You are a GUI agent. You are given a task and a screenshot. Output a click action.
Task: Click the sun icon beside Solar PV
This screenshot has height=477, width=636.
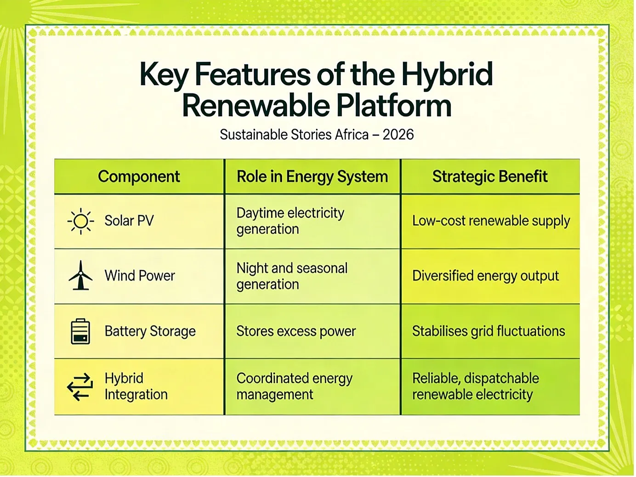click(x=80, y=221)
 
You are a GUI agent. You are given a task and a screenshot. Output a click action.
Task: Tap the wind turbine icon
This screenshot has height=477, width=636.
click(x=80, y=275)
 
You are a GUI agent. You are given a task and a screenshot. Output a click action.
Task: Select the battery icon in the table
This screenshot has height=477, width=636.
click(x=80, y=331)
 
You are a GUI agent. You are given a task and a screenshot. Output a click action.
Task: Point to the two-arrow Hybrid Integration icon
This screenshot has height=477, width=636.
click(x=80, y=387)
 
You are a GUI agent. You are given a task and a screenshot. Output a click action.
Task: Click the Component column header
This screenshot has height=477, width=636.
click(x=139, y=176)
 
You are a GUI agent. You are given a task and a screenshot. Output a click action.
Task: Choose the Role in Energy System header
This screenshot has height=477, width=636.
click(x=312, y=176)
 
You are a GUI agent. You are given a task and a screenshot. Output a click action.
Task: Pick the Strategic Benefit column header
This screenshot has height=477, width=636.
click(x=490, y=176)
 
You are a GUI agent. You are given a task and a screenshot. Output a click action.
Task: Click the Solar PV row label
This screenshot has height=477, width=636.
click(x=129, y=221)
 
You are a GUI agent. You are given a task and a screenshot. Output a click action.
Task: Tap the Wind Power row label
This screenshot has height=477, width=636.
click(x=140, y=275)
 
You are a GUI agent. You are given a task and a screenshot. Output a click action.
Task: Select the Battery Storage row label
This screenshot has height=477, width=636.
click(x=150, y=331)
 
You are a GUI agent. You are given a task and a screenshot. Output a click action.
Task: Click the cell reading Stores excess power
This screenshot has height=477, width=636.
click(x=296, y=331)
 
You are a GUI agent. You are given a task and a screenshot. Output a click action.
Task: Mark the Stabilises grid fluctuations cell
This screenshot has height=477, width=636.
click(x=488, y=331)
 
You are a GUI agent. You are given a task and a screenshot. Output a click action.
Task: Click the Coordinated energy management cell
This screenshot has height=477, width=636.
click(x=295, y=386)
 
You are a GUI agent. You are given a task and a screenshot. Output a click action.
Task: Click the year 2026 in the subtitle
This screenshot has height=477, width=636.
click(x=398, y=135)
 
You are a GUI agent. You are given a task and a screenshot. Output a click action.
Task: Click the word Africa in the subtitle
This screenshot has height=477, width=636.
click(x=352, y=135)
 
